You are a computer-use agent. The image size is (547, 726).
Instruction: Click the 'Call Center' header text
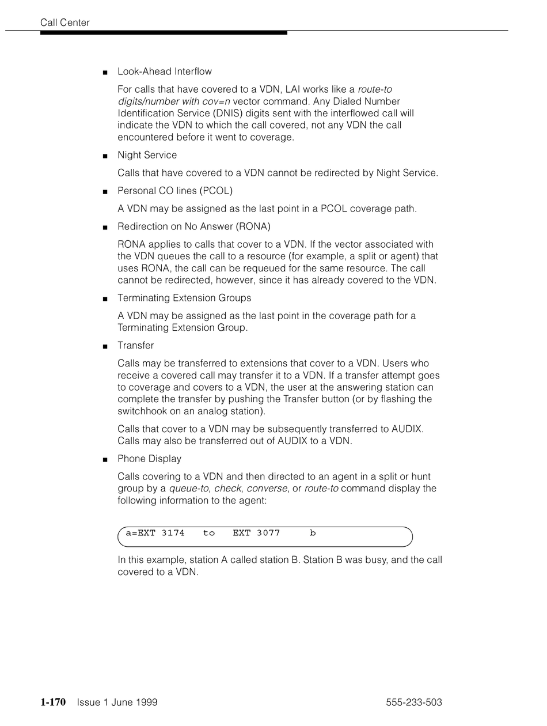pos(65,22)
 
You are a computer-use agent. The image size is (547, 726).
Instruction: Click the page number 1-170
pos(53,702)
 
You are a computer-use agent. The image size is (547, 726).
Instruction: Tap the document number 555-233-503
pos(414,702)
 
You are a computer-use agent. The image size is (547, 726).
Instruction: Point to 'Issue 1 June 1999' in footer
pos(117,702)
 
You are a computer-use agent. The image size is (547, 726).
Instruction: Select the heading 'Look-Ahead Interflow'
pos(165,71)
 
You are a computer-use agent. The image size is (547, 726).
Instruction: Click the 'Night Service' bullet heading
pos(147,155)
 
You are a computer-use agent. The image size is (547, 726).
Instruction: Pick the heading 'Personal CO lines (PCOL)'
pos(175,191)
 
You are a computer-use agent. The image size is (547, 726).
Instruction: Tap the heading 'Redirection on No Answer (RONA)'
pos(194,226)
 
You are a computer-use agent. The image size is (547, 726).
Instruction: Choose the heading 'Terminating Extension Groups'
pos(184,298)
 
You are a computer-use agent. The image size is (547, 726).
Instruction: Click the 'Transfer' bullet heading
pos(136,346)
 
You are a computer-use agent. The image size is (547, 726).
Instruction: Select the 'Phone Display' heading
pos(150,459)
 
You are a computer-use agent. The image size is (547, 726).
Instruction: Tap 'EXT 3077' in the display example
pos(256,534)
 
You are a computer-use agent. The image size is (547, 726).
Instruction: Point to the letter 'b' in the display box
pos(313,534)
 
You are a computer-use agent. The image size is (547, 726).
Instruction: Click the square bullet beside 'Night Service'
pos(105,156)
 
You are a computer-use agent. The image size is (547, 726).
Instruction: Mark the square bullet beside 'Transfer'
pos(105,346)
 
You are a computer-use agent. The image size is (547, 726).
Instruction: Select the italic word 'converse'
pos(267,489)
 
